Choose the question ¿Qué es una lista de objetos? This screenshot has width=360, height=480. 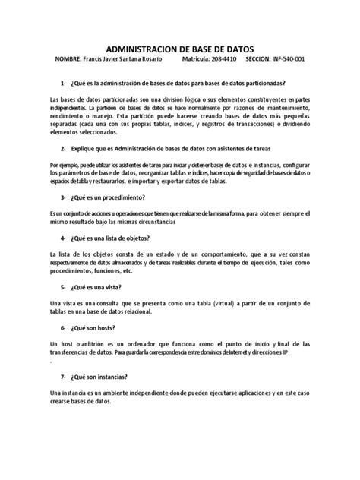point(118,237)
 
